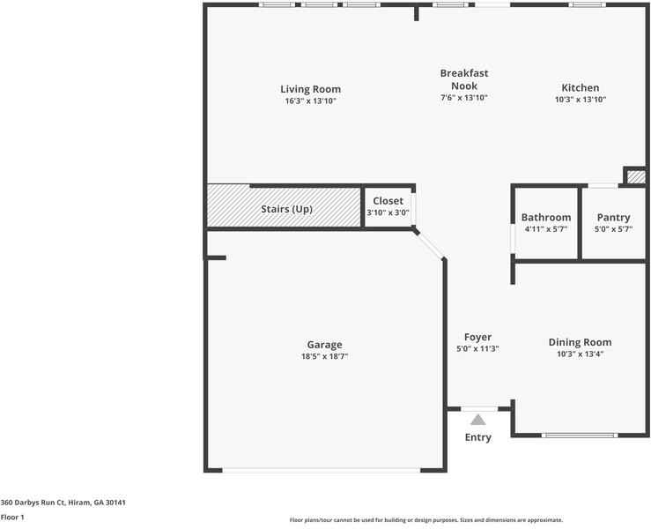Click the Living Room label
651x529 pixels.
click(x=311, y=89)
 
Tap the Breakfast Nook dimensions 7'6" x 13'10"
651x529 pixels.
click(x=463, y=98)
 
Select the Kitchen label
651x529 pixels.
click(x=580, y=87)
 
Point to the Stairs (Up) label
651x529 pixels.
click(x=286, y=209)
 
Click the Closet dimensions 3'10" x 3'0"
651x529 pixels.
click(x=388, y=212)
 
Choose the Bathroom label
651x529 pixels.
click(x=546, y=218)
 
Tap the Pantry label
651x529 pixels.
click(x=613, y=218)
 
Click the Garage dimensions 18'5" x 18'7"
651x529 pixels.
click(x=324, y=356)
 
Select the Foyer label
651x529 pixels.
click(x=477, y=337)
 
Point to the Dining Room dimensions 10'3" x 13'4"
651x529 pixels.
click(x=580, y=354)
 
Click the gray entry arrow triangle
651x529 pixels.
click(x=477, y=421)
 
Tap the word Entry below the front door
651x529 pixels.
click(x=477, y=437)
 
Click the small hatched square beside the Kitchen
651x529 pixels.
click(x=636, y=177)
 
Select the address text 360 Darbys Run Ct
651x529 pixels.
click(x=33, y=503)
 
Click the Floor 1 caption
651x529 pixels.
click(x=12, y=518)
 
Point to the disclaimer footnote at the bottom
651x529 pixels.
click(x=426, y=520)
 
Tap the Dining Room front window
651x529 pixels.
click(x=580, y=435)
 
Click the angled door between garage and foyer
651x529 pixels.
click(x=429, y=245)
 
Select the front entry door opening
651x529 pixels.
click(x=479, y=409)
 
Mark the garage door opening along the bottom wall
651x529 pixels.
click(x=322, y=471)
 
